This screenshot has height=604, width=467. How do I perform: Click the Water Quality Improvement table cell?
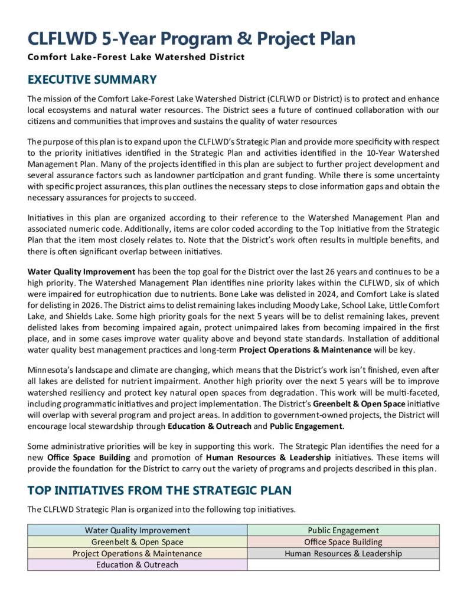pos(137,530)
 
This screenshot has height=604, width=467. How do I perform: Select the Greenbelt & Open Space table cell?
pos(137,541)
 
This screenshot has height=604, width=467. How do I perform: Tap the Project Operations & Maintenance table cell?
pos(137,553)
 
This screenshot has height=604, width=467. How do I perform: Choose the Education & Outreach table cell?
pos(137,564)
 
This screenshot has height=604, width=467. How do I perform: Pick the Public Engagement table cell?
pos(343,530)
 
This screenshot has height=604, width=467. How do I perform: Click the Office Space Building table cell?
pos(343,541)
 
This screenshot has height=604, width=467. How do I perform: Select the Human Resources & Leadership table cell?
pos(343,553)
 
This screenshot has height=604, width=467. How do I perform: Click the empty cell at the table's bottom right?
pos(343,564)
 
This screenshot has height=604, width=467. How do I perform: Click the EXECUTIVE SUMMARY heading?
pos(92,80)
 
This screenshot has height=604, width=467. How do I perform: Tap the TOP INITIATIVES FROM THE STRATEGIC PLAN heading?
pos(159,490)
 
